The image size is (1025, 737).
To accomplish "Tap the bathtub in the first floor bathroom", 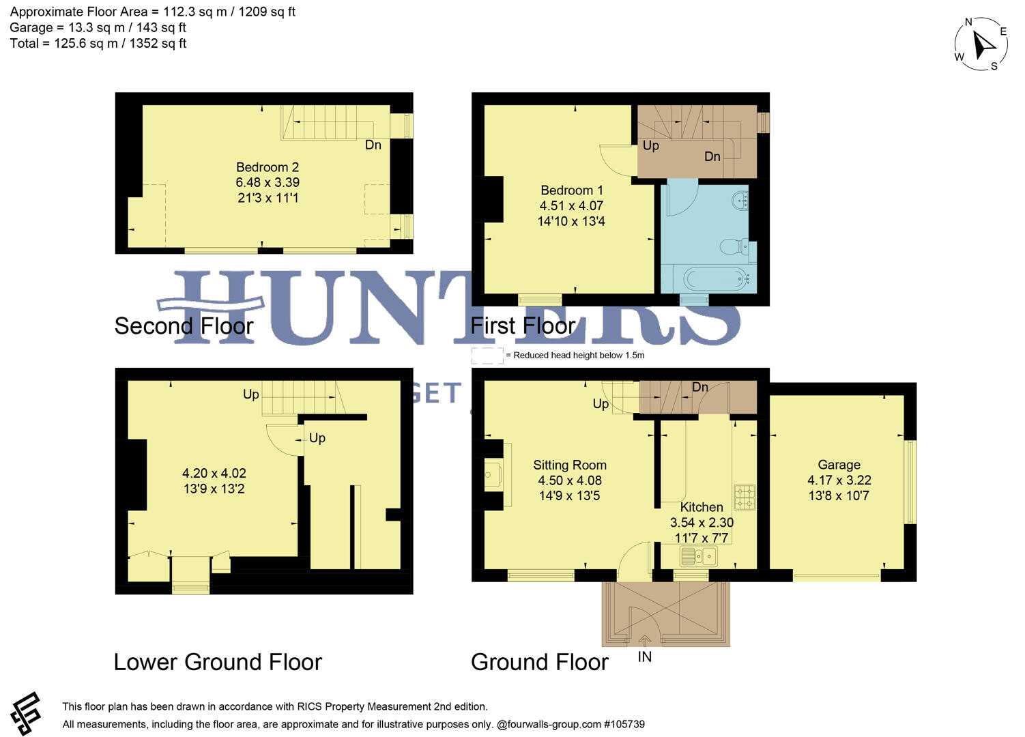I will pyautogui.click(x=711, y=278).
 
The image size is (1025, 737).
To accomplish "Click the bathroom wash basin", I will pyautogui.click(x=740, y=201).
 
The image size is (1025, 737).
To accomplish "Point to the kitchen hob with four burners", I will pyautogui.click(x=744, y=497).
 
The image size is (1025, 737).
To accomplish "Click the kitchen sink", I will pyautogui.click(x=698, y=557).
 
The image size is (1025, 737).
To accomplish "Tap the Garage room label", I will pyautogui.click(x=839, y=465).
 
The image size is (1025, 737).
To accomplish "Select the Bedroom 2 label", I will pyautogui.click(x=268, y=167).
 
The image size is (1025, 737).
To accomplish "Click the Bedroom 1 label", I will pyautogui.click(x=571, y=190).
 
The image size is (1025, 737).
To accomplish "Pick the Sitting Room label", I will pyautogui.click(x=570, y=465).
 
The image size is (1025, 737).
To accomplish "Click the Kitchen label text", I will pyautogui.click(x=702, y=507).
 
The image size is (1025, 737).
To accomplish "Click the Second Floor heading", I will pyautogui.click(x=184, y=326).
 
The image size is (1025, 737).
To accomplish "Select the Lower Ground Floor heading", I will pyautogui.click(x=218, y=662).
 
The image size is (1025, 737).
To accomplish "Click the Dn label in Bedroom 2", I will pyautogui.click(x=373, y=145).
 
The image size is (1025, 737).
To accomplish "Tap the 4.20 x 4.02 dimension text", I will pyautogui.click(x=214, y=473).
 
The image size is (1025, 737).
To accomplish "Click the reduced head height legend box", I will pyautogui.click(x=487, y=356).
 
